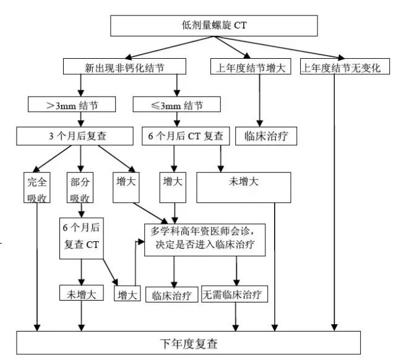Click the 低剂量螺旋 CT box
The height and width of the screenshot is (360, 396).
pyautogui.click(x=213, y=25)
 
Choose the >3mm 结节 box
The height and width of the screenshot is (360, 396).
pyautogui.click(x=72, y=104)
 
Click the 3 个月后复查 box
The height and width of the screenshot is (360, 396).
pyautogui.click(x=74, y=135)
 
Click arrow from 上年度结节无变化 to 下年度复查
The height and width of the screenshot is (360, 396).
pyautogui.click(x=335, y=204)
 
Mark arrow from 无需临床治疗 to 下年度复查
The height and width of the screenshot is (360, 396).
pyautogui.click(x=235, y=317)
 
